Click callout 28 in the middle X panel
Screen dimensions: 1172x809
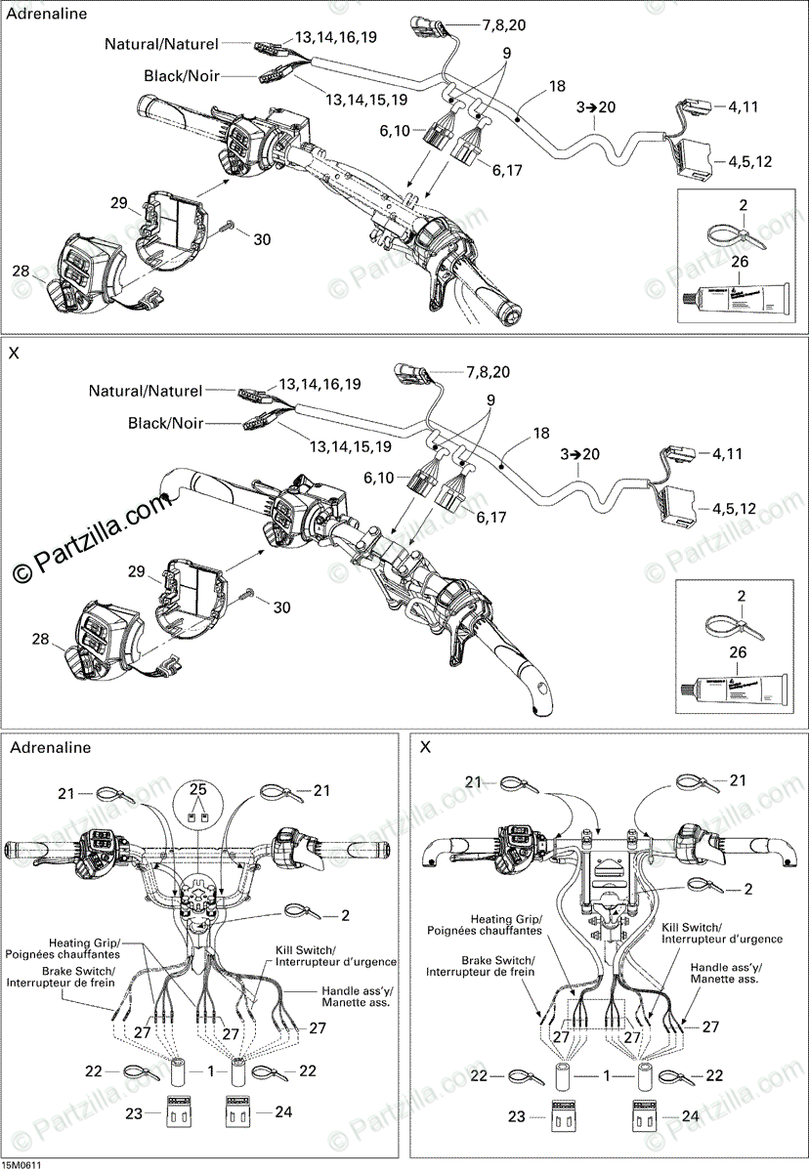coord(40,639)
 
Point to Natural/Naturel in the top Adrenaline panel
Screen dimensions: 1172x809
coord(163,44)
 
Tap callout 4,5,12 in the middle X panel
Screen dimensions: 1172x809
coord(734,508)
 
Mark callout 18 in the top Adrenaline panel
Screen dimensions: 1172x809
coord(557,87)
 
